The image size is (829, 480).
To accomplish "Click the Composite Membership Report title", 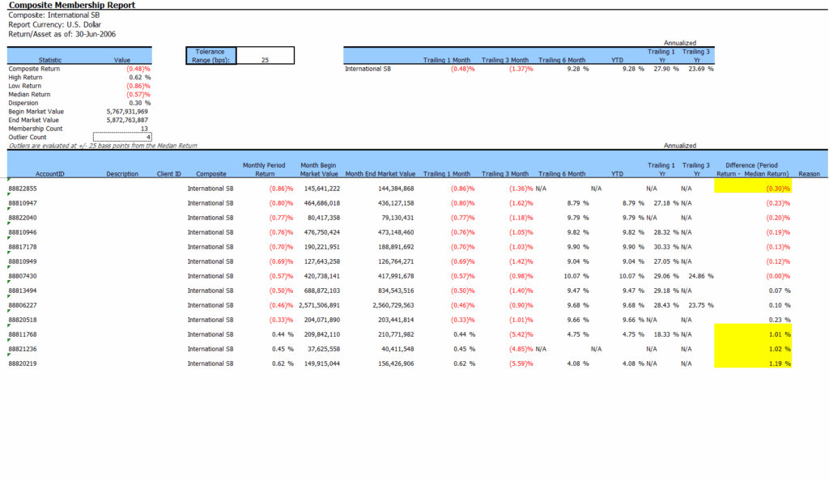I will (71, 5).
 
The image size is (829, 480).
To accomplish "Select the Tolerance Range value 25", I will (265, 59).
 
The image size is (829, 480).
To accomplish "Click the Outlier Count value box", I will (122, 137).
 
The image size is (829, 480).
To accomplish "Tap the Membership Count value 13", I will (143, 129).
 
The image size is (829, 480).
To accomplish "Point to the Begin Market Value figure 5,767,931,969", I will (126, 112).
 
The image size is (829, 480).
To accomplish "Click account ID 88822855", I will (23, 189).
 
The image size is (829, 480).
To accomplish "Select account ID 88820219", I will (23, 363).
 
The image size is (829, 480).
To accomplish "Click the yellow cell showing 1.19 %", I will (753, 363).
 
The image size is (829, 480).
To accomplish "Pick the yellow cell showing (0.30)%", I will (753, 189).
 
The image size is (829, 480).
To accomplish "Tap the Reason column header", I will (809, 174).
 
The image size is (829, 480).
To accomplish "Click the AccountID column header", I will (50, 174).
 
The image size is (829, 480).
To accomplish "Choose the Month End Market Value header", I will (380, 174).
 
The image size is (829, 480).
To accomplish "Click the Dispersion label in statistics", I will (23, 103).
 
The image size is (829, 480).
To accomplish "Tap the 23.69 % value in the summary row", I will (700, 69).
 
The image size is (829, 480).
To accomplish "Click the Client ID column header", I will (169, 174).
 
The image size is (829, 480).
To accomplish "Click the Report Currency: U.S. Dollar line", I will (54, 24).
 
